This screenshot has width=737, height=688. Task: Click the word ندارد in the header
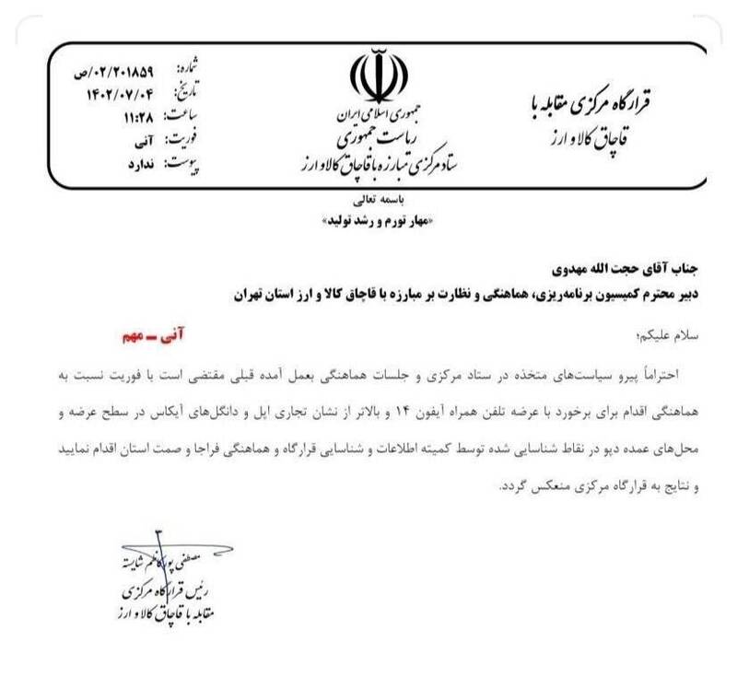[140, 162]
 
